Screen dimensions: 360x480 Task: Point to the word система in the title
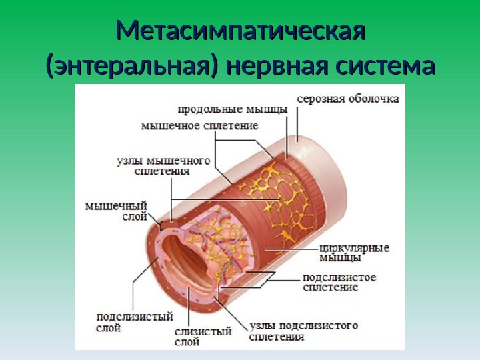tap(384, 67)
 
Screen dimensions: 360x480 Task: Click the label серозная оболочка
tap(348, 99)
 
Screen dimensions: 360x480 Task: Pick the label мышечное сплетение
tap(200, 125)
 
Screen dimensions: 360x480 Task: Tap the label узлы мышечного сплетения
tap(163, 165)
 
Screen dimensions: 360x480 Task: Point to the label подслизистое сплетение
tap(339, 282)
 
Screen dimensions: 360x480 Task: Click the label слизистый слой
tap(203, 336)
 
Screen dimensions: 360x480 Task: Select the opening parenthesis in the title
tap(49, 67)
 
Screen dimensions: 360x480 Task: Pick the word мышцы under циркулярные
tap(345, 258)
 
